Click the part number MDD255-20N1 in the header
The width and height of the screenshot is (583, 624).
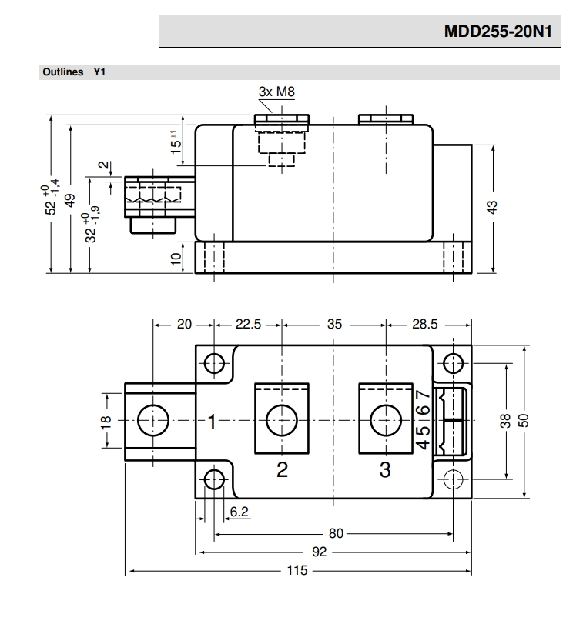(x=498, y=31)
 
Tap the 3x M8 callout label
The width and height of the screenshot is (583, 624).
(x=276, y=92)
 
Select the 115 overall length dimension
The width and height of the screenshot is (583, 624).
(x=297, y=570)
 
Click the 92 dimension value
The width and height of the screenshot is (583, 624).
(x=320, y=552)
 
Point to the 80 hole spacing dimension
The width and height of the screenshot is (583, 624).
(x=336, y=533)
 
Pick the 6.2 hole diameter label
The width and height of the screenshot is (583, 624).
(x=239, y=512)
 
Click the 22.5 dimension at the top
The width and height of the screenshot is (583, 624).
(x=248, y=325)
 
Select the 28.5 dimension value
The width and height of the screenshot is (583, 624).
(x=424, y=325)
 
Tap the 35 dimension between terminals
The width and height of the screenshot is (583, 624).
(x=334, y=325)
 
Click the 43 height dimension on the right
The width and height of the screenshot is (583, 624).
(x=492, y=207)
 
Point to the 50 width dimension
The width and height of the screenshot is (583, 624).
(x=523, y=421)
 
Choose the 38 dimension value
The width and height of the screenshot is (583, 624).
(x=505, y=421)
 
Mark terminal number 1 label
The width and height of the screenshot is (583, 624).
(x=213, y=422)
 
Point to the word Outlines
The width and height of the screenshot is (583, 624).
(x=63, y=72)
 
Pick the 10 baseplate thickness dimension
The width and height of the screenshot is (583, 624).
(x=176, y=259)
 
